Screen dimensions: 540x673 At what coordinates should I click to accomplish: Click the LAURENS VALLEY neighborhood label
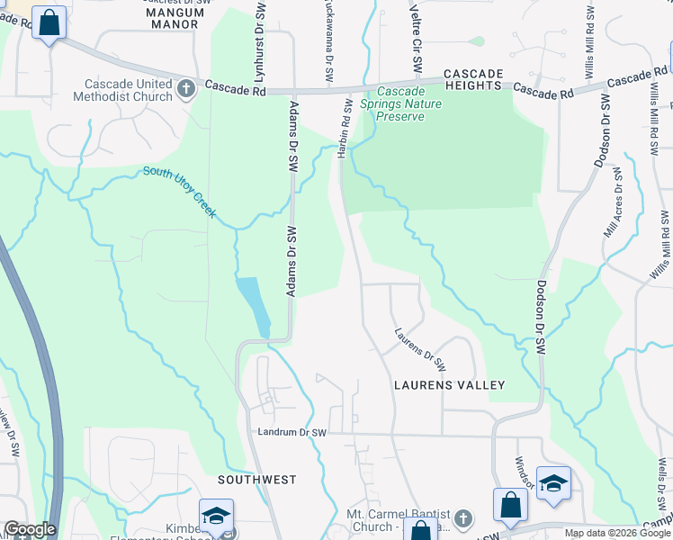tap(450, 385)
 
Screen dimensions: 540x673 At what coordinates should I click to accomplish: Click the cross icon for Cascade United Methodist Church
tap(186, 88)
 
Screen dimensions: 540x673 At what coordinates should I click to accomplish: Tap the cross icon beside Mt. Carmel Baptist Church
tap(462, 518)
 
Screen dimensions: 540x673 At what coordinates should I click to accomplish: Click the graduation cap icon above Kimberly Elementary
tap(216, 516)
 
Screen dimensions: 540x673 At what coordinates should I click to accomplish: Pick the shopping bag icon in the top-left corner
tap(49, 22)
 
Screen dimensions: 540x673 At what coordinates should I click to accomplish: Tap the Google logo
tap(30, 529)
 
